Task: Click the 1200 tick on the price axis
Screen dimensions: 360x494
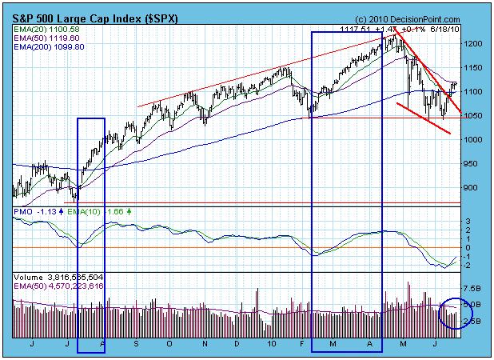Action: point(472,43)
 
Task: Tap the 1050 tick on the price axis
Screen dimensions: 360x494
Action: point(472,115)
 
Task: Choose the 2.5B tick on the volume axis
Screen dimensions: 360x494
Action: point(472,322)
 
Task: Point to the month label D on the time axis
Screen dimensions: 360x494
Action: point(237,343)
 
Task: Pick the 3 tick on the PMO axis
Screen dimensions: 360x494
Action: point(468,220)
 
